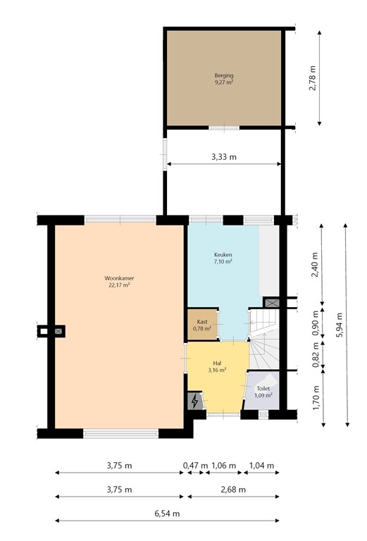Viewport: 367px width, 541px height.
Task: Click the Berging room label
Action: [224, 78]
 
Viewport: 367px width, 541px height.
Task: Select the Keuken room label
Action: [223, 258]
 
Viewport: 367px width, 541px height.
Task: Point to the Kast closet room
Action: [202, 325]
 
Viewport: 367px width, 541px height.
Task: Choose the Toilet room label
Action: [263, 392]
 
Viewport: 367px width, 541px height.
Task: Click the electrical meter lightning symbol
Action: [195, 402]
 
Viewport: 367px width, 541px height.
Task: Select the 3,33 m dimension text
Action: [223, 156]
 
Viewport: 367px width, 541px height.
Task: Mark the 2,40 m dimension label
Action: [315, 265]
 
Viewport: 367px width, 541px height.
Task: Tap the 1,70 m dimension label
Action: [315, 398]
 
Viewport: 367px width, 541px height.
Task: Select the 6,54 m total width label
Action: [167, 514]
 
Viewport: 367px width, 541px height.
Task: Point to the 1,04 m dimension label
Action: [261, 466]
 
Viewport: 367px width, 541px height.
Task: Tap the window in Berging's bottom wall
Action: [224, 128]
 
